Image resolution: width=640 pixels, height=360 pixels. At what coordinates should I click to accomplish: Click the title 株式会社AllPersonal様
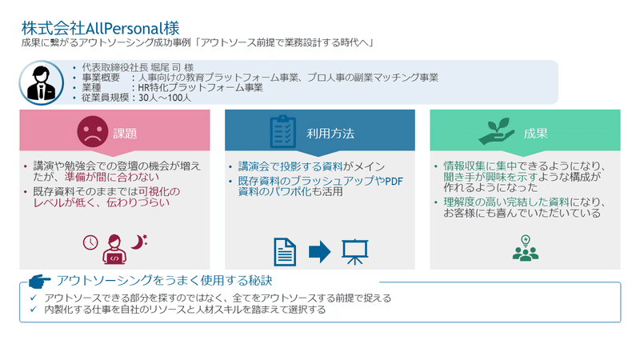point(101,28)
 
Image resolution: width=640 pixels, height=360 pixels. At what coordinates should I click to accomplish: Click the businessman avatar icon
point(42,82)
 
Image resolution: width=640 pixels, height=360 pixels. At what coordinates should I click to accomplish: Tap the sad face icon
point(93,131)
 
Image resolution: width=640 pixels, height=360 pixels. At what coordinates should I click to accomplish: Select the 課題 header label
point(125,134)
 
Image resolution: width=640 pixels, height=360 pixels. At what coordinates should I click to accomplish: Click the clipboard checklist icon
point(283,131)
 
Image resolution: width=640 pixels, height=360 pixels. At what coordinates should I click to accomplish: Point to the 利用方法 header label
point(330,134)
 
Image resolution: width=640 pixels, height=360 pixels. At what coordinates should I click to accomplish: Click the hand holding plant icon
point(496,131)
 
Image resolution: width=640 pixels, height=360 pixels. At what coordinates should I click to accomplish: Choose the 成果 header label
point(535,134)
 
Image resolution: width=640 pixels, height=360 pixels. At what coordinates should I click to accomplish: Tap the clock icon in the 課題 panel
point(90,242)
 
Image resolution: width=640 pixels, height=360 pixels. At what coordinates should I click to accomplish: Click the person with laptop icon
point(114,250)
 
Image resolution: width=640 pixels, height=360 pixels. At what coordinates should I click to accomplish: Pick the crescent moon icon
point(138,242)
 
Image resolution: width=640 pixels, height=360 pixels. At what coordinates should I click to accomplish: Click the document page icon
point(285,252)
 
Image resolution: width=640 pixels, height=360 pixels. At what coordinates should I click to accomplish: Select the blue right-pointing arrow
point(319,252)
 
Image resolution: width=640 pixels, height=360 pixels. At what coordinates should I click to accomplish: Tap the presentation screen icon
point(354,252)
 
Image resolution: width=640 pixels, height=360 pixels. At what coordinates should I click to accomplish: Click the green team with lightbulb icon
point(526,248)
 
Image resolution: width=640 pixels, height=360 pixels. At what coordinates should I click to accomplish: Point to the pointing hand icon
point(39,281)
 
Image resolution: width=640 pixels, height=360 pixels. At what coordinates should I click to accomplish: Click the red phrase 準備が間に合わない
point(112,177)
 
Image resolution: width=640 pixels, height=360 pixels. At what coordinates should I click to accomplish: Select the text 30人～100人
point(165,98)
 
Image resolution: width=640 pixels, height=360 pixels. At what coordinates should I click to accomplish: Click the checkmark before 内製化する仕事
point(34,310)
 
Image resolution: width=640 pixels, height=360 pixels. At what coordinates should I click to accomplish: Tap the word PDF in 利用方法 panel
point(394,182)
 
